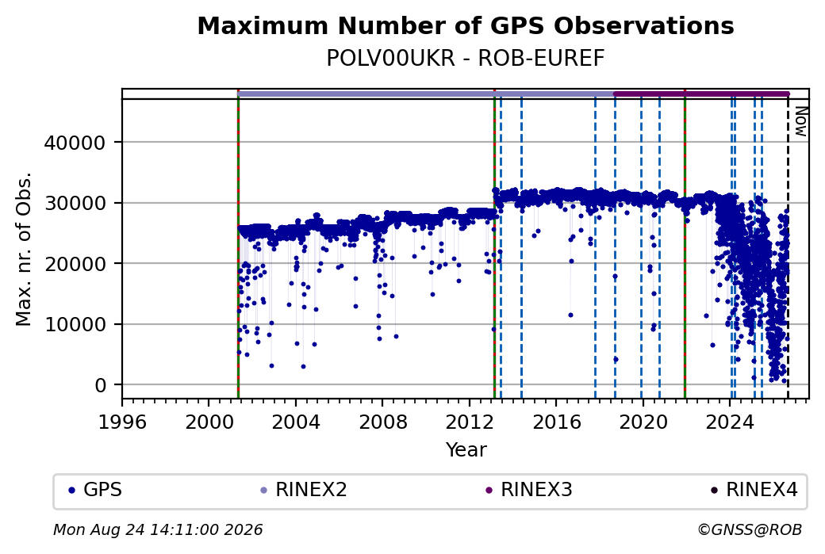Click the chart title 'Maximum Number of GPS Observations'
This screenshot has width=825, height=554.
click(465, 25)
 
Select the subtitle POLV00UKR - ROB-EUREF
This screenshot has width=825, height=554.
click(465, 59)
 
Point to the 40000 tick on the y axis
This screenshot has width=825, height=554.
click(75, 143)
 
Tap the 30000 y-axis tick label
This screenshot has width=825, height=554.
click(75, 203)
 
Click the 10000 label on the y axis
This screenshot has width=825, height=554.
click(75, 324)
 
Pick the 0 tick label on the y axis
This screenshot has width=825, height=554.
click(101, 385)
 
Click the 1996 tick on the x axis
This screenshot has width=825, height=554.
click(122, 422)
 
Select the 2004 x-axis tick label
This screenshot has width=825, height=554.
click(296, 422)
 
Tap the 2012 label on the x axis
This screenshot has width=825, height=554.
click(470, 422)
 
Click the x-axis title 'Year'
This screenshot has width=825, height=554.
click(466, 450)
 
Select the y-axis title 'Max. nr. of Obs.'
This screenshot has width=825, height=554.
click(24, 249)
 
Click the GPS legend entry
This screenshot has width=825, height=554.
click(95, 490)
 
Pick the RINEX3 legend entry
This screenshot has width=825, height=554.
click(529, 490)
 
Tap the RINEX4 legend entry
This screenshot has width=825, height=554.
click(754, 490)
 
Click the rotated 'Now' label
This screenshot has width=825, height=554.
click(800, 121)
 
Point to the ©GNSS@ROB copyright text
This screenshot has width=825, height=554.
click(750, 529)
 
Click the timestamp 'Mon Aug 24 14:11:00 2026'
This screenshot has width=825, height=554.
click(158, 529)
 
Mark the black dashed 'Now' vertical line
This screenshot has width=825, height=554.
click(788, 249)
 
